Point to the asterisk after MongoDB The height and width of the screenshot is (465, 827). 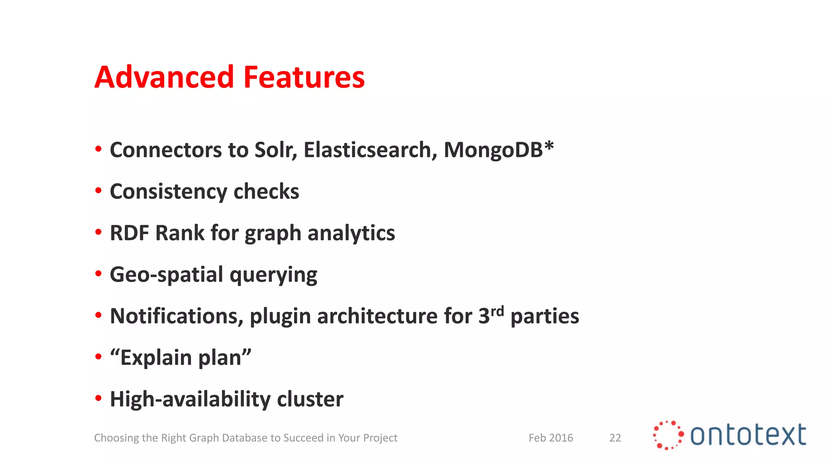click(x=549, y=146)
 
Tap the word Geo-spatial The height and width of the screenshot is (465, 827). click(x=166, y=275)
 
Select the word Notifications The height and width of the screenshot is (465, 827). click(x=176, y=316)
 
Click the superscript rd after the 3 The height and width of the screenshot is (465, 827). click(x=497, y=311)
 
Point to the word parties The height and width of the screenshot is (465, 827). click(x=545, y=316)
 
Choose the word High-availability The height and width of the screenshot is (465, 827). click(x=190, y=399)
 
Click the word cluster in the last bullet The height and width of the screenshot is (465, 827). click(x=310, y=399)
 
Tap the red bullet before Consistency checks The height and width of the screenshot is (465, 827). click(x=99, y=191)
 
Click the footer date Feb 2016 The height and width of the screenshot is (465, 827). click(x=551, y=438)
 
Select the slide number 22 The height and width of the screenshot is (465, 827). click(x=615, y=438)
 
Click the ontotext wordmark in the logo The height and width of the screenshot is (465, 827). click(x=748, y=435)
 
